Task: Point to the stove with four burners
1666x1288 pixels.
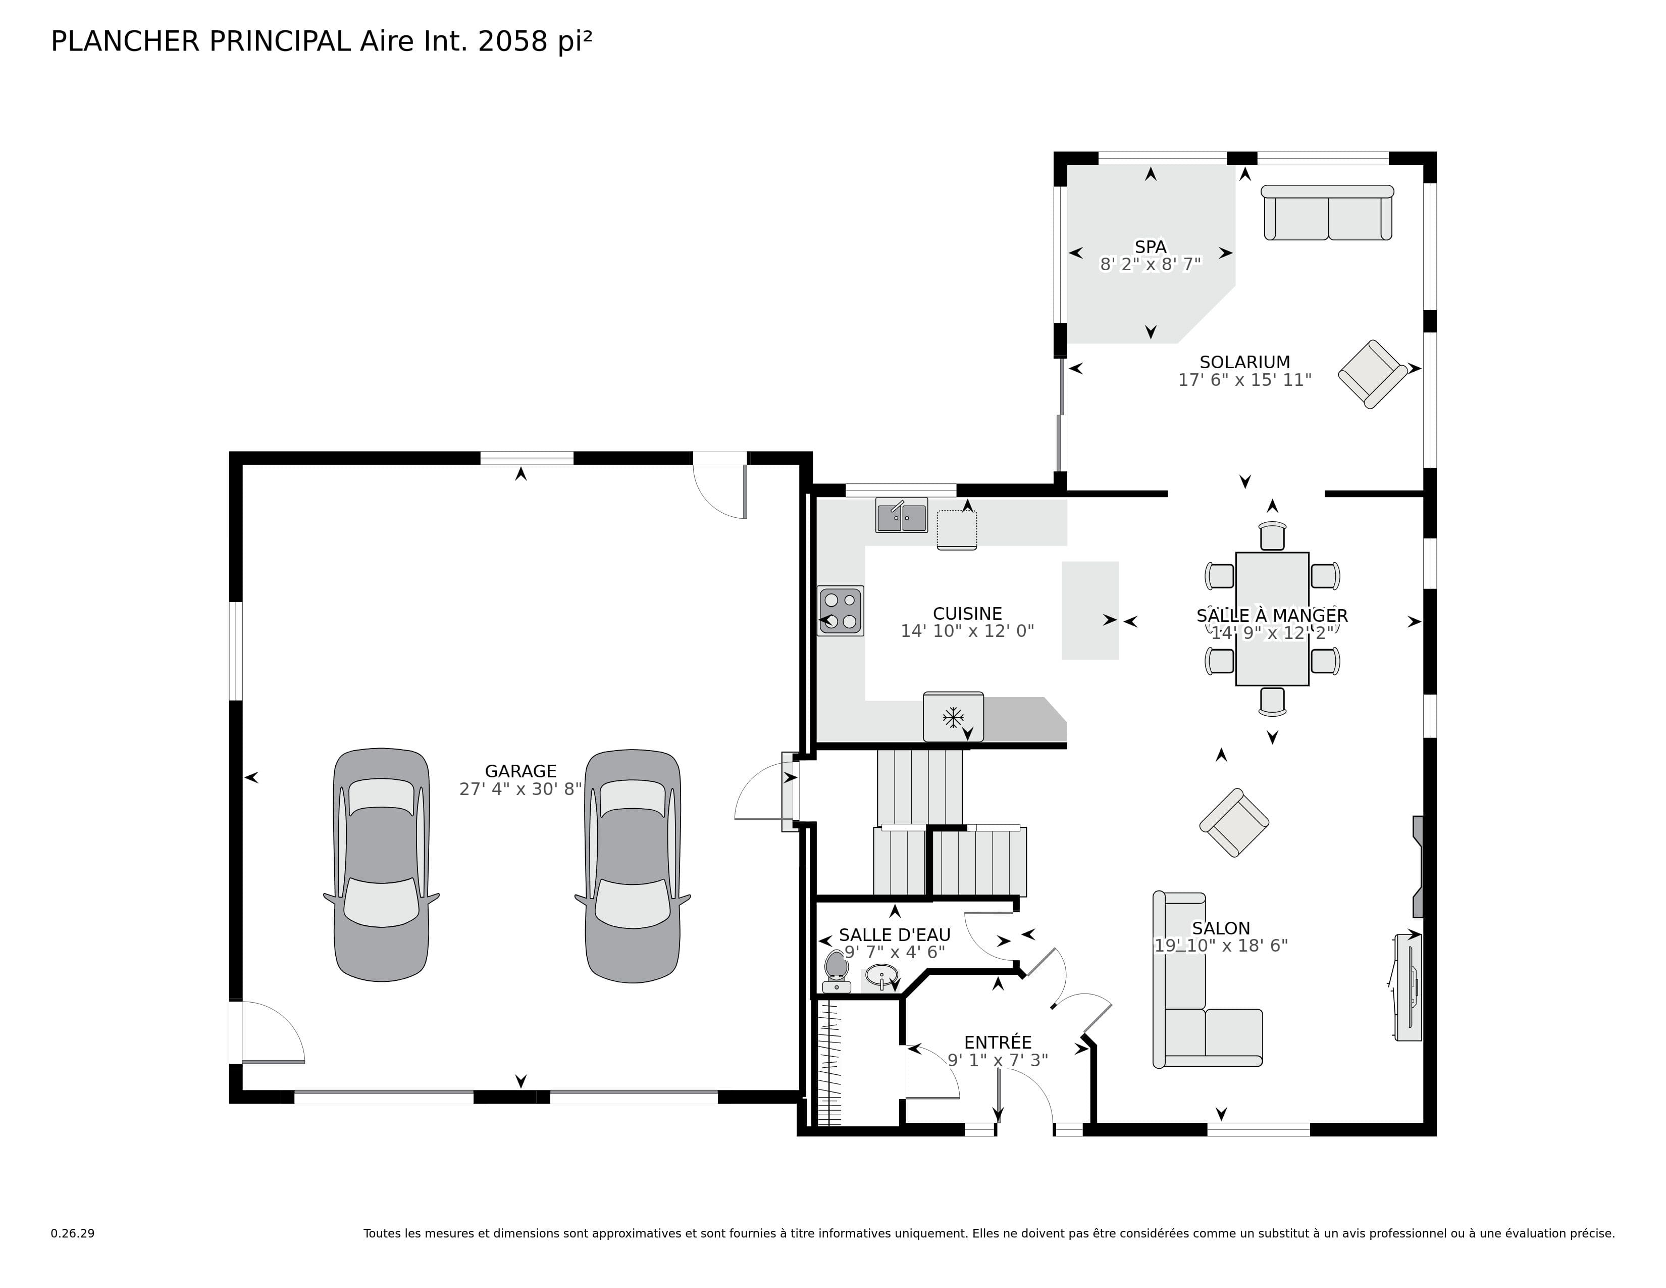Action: pos(840,611)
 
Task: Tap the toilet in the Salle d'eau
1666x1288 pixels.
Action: pos(837,971)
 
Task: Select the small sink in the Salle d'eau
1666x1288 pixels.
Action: pos(882,975)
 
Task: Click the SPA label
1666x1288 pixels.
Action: pos(1151,246)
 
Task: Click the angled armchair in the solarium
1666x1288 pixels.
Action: pos(1372,374)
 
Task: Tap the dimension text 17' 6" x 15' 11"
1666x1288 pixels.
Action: pos(1244,380)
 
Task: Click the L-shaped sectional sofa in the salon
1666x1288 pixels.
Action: pos(1198,1007)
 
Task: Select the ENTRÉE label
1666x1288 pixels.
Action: pos(997,1043)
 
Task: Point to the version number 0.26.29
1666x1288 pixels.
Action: pos(73,1233)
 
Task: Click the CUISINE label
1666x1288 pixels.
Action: pos(967,614)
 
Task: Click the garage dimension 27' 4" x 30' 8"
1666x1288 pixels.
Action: pos(520,789)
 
